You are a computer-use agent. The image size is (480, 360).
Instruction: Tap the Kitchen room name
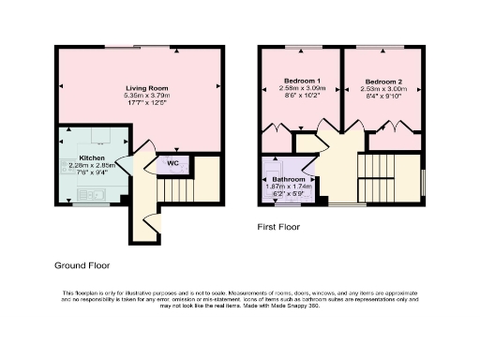[92, 157]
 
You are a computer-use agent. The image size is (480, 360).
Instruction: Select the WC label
[172, 163]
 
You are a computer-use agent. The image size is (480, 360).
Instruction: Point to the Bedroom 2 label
[382, 82]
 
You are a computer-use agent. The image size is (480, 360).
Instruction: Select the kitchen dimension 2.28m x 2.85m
[92, 166]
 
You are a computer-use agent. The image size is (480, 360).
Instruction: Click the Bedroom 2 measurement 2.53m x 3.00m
[382, 90]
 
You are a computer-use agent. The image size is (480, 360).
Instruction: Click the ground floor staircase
[172, 192]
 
